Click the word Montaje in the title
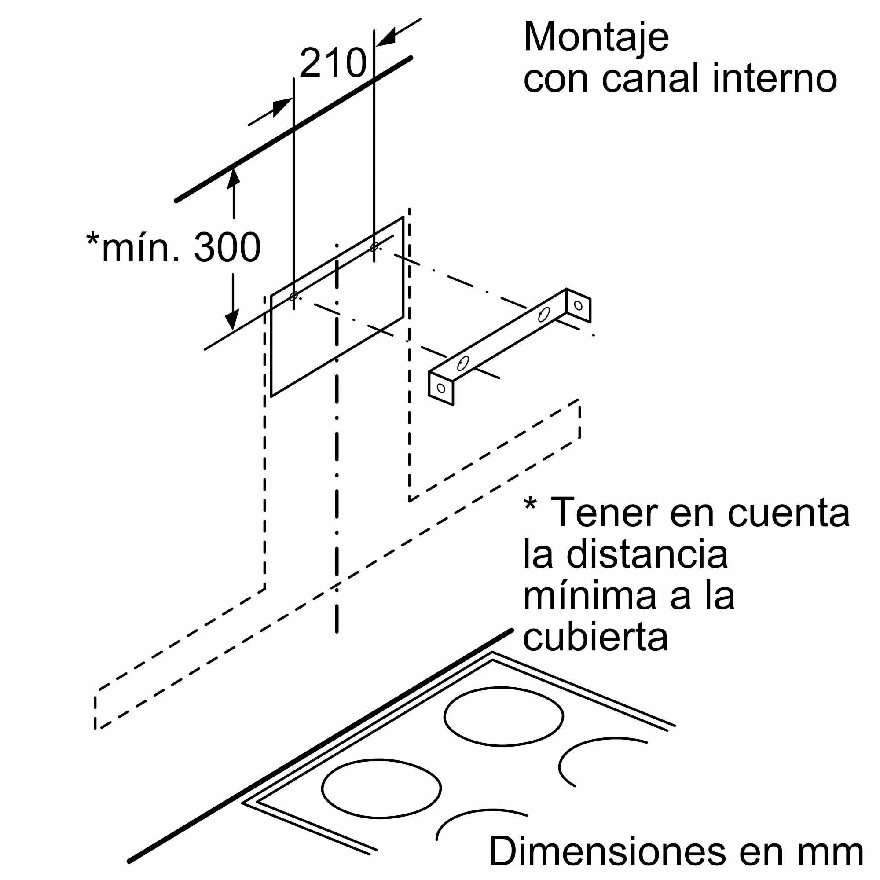click(x=596, y=38)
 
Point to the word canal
click(x=651, y=78)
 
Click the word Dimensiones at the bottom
click(x=607, y=851)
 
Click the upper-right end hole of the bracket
click(x=579, y=305)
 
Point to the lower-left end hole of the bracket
click(x=441, y=388)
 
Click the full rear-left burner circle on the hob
click(x=381, y=788)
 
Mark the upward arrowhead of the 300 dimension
click(x=234, y=178)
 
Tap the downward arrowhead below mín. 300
click(x=233, y=320)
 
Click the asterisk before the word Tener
click(x=530, y=505)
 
